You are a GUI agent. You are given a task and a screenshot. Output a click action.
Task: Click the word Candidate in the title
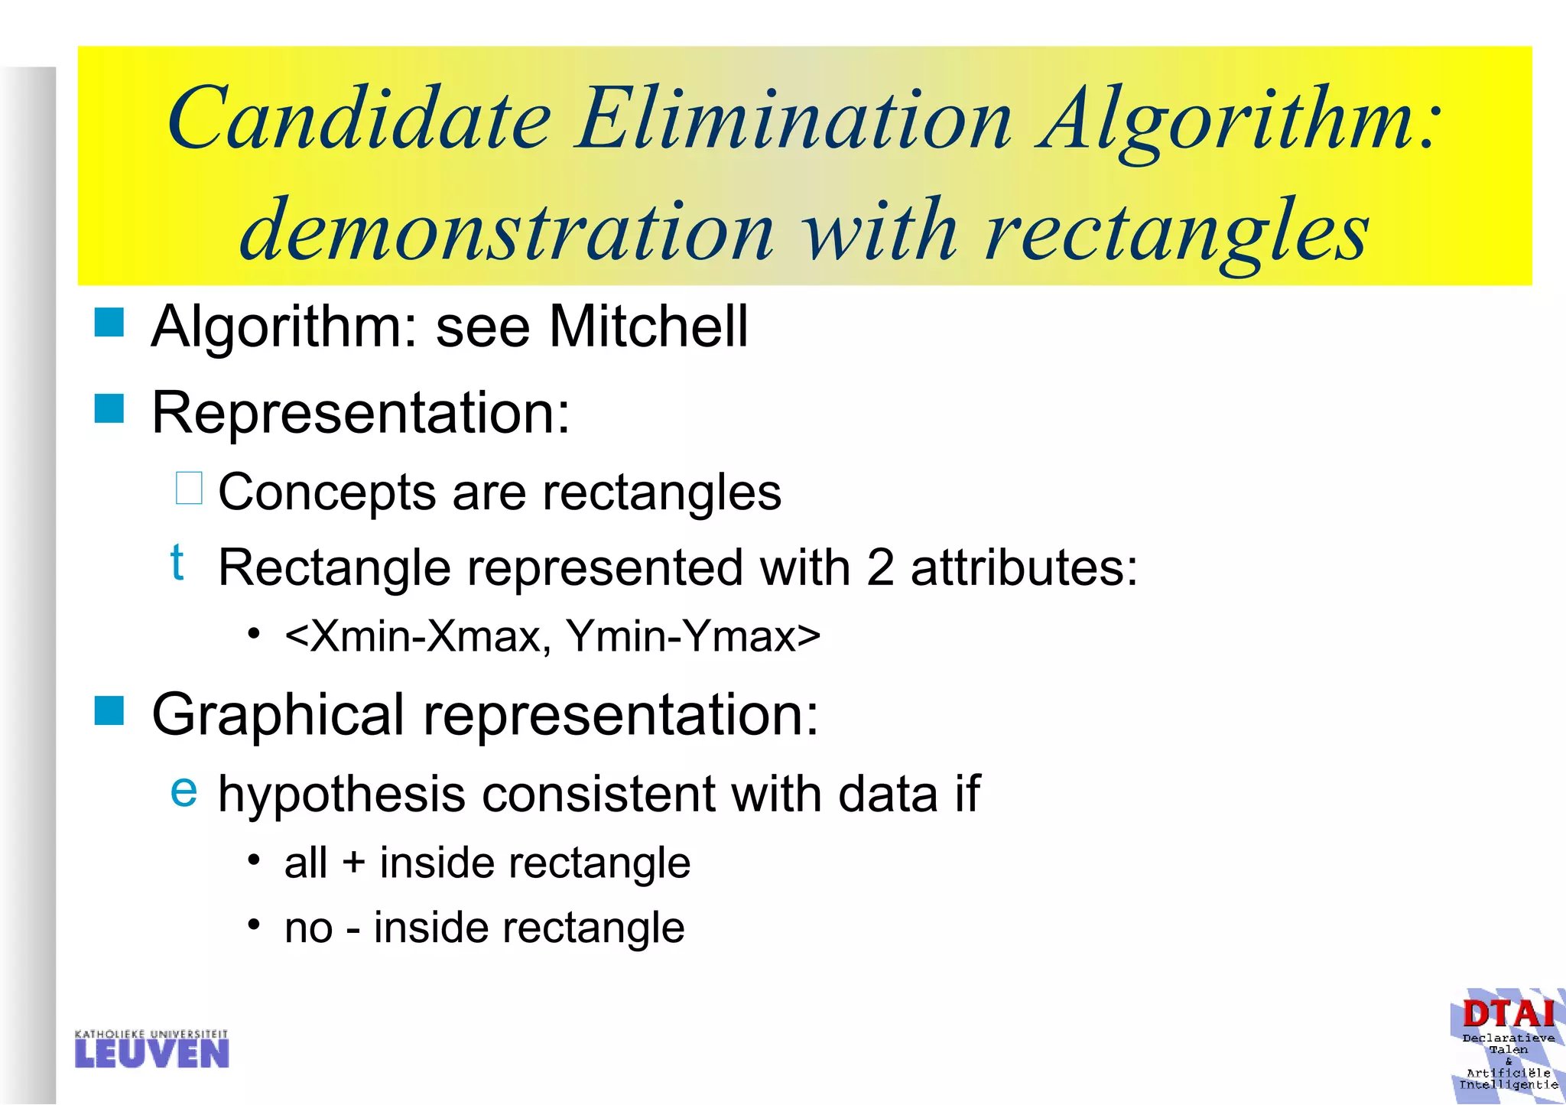pos(359,119)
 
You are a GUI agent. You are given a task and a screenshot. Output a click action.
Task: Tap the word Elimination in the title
pos(795,119)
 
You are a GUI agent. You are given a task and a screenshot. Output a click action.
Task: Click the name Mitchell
pos(648,327)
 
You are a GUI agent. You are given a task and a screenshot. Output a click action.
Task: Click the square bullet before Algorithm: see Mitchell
pos(109,323)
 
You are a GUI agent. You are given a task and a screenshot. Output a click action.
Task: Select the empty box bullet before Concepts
pos(189,489)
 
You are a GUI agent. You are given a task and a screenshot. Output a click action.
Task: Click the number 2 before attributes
pos(880,568)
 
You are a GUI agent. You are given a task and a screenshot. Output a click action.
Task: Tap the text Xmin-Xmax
pos(424,636)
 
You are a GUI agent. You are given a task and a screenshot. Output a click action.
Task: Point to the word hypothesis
pos(342,795)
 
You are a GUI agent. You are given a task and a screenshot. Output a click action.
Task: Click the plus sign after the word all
pos(353,863)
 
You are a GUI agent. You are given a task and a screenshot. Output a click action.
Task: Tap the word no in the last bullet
pos(308,929)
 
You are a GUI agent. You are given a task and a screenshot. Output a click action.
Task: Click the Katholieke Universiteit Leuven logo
pos(152,1049)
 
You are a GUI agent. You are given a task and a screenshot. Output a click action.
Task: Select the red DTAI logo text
pos(1508,1015)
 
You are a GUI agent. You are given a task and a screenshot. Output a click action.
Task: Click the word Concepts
pos(327,492)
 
